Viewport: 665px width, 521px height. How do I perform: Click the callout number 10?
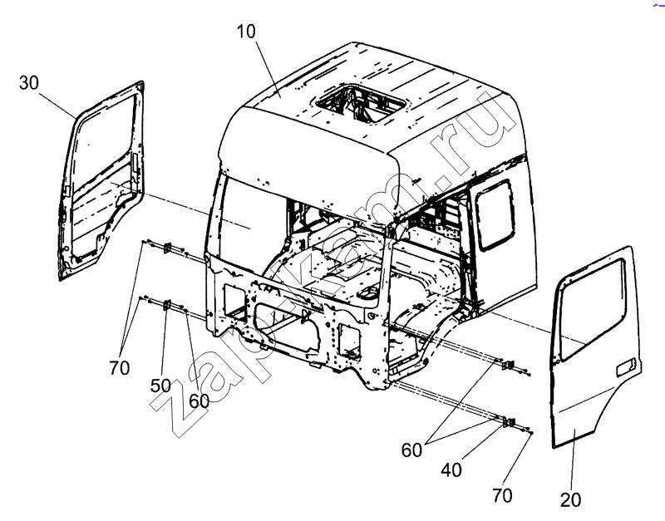pyautogui.click(x=246, y=32)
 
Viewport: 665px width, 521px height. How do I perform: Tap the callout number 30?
pyautogui.click(x=29, y=82)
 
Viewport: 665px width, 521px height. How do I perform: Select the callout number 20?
pyautogui.click(x=570, y=500)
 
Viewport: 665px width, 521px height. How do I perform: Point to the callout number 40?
pyautogui.click(x=451, y=470)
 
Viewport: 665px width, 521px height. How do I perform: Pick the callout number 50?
pyautogui.click(x=160, y=386)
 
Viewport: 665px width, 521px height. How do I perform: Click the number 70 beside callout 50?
pyautogui.click(x=119, y=368)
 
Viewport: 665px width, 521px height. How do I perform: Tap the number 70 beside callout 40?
pyautogui.click(x=502, y=495)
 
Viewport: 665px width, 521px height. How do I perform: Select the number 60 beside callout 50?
pyautogui.click(x=199, y=401)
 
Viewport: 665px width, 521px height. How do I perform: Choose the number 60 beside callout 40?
pyautogui.click(x=411, y=450)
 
